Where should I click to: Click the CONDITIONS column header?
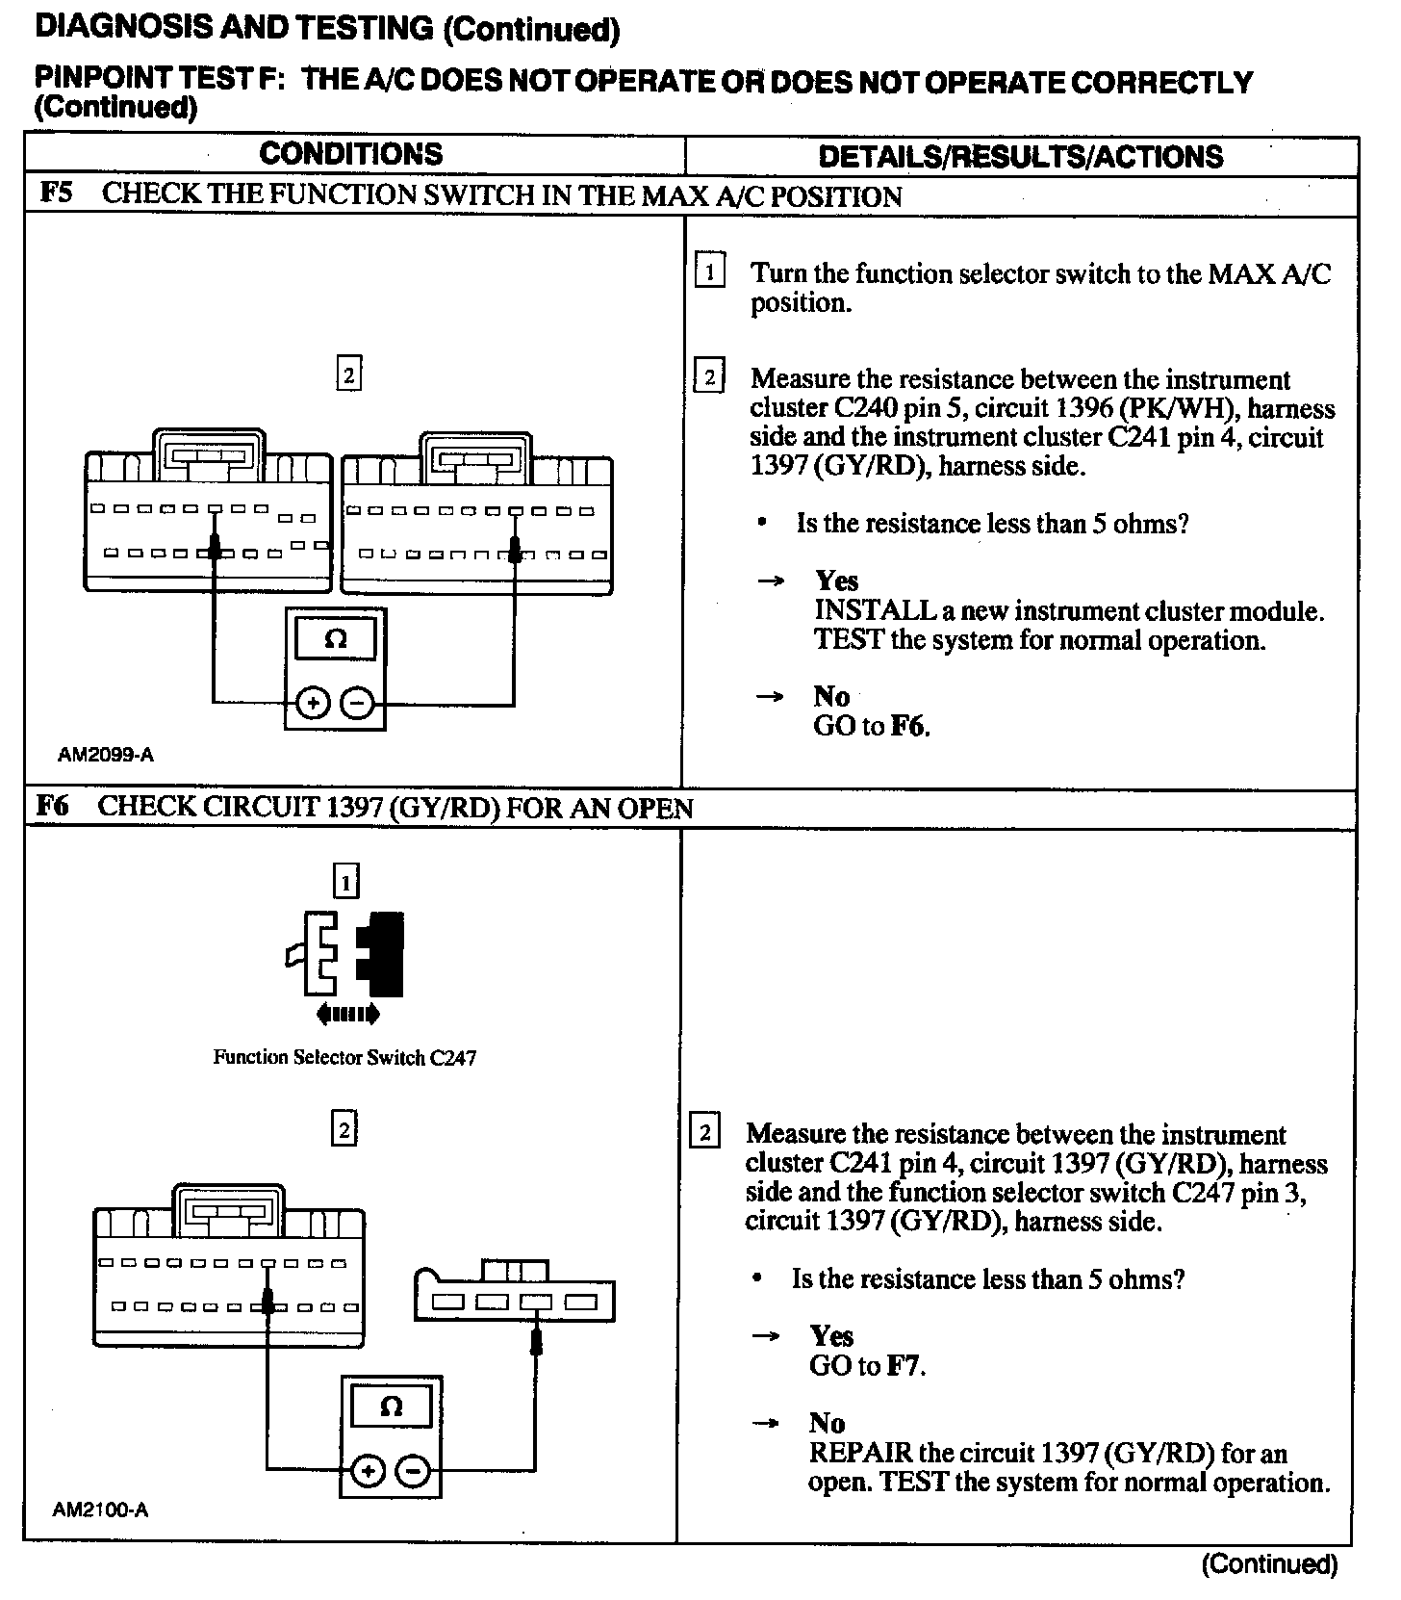tap(350, 154)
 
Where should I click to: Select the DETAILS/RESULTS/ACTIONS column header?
tap(1020, 157)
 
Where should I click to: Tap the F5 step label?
tap(56, 194)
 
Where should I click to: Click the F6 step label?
tap(53, 806)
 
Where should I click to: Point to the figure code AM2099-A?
tap(106, 755)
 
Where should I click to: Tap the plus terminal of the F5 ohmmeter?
tap(312, 704)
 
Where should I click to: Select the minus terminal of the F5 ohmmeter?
tap(357, 704)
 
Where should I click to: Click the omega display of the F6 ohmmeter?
tap(391, 1407)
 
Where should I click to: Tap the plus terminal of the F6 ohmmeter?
tap(367, 1471)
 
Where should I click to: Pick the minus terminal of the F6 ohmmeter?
tap(413, 1471)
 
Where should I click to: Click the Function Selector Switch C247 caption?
tap(344, 1058)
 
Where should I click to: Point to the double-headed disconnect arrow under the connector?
tap(347, 1014)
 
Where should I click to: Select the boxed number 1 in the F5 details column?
tap(709, 272)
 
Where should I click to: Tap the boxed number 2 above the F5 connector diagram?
tap(348, 374)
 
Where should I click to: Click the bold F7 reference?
tap(904, 1365)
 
